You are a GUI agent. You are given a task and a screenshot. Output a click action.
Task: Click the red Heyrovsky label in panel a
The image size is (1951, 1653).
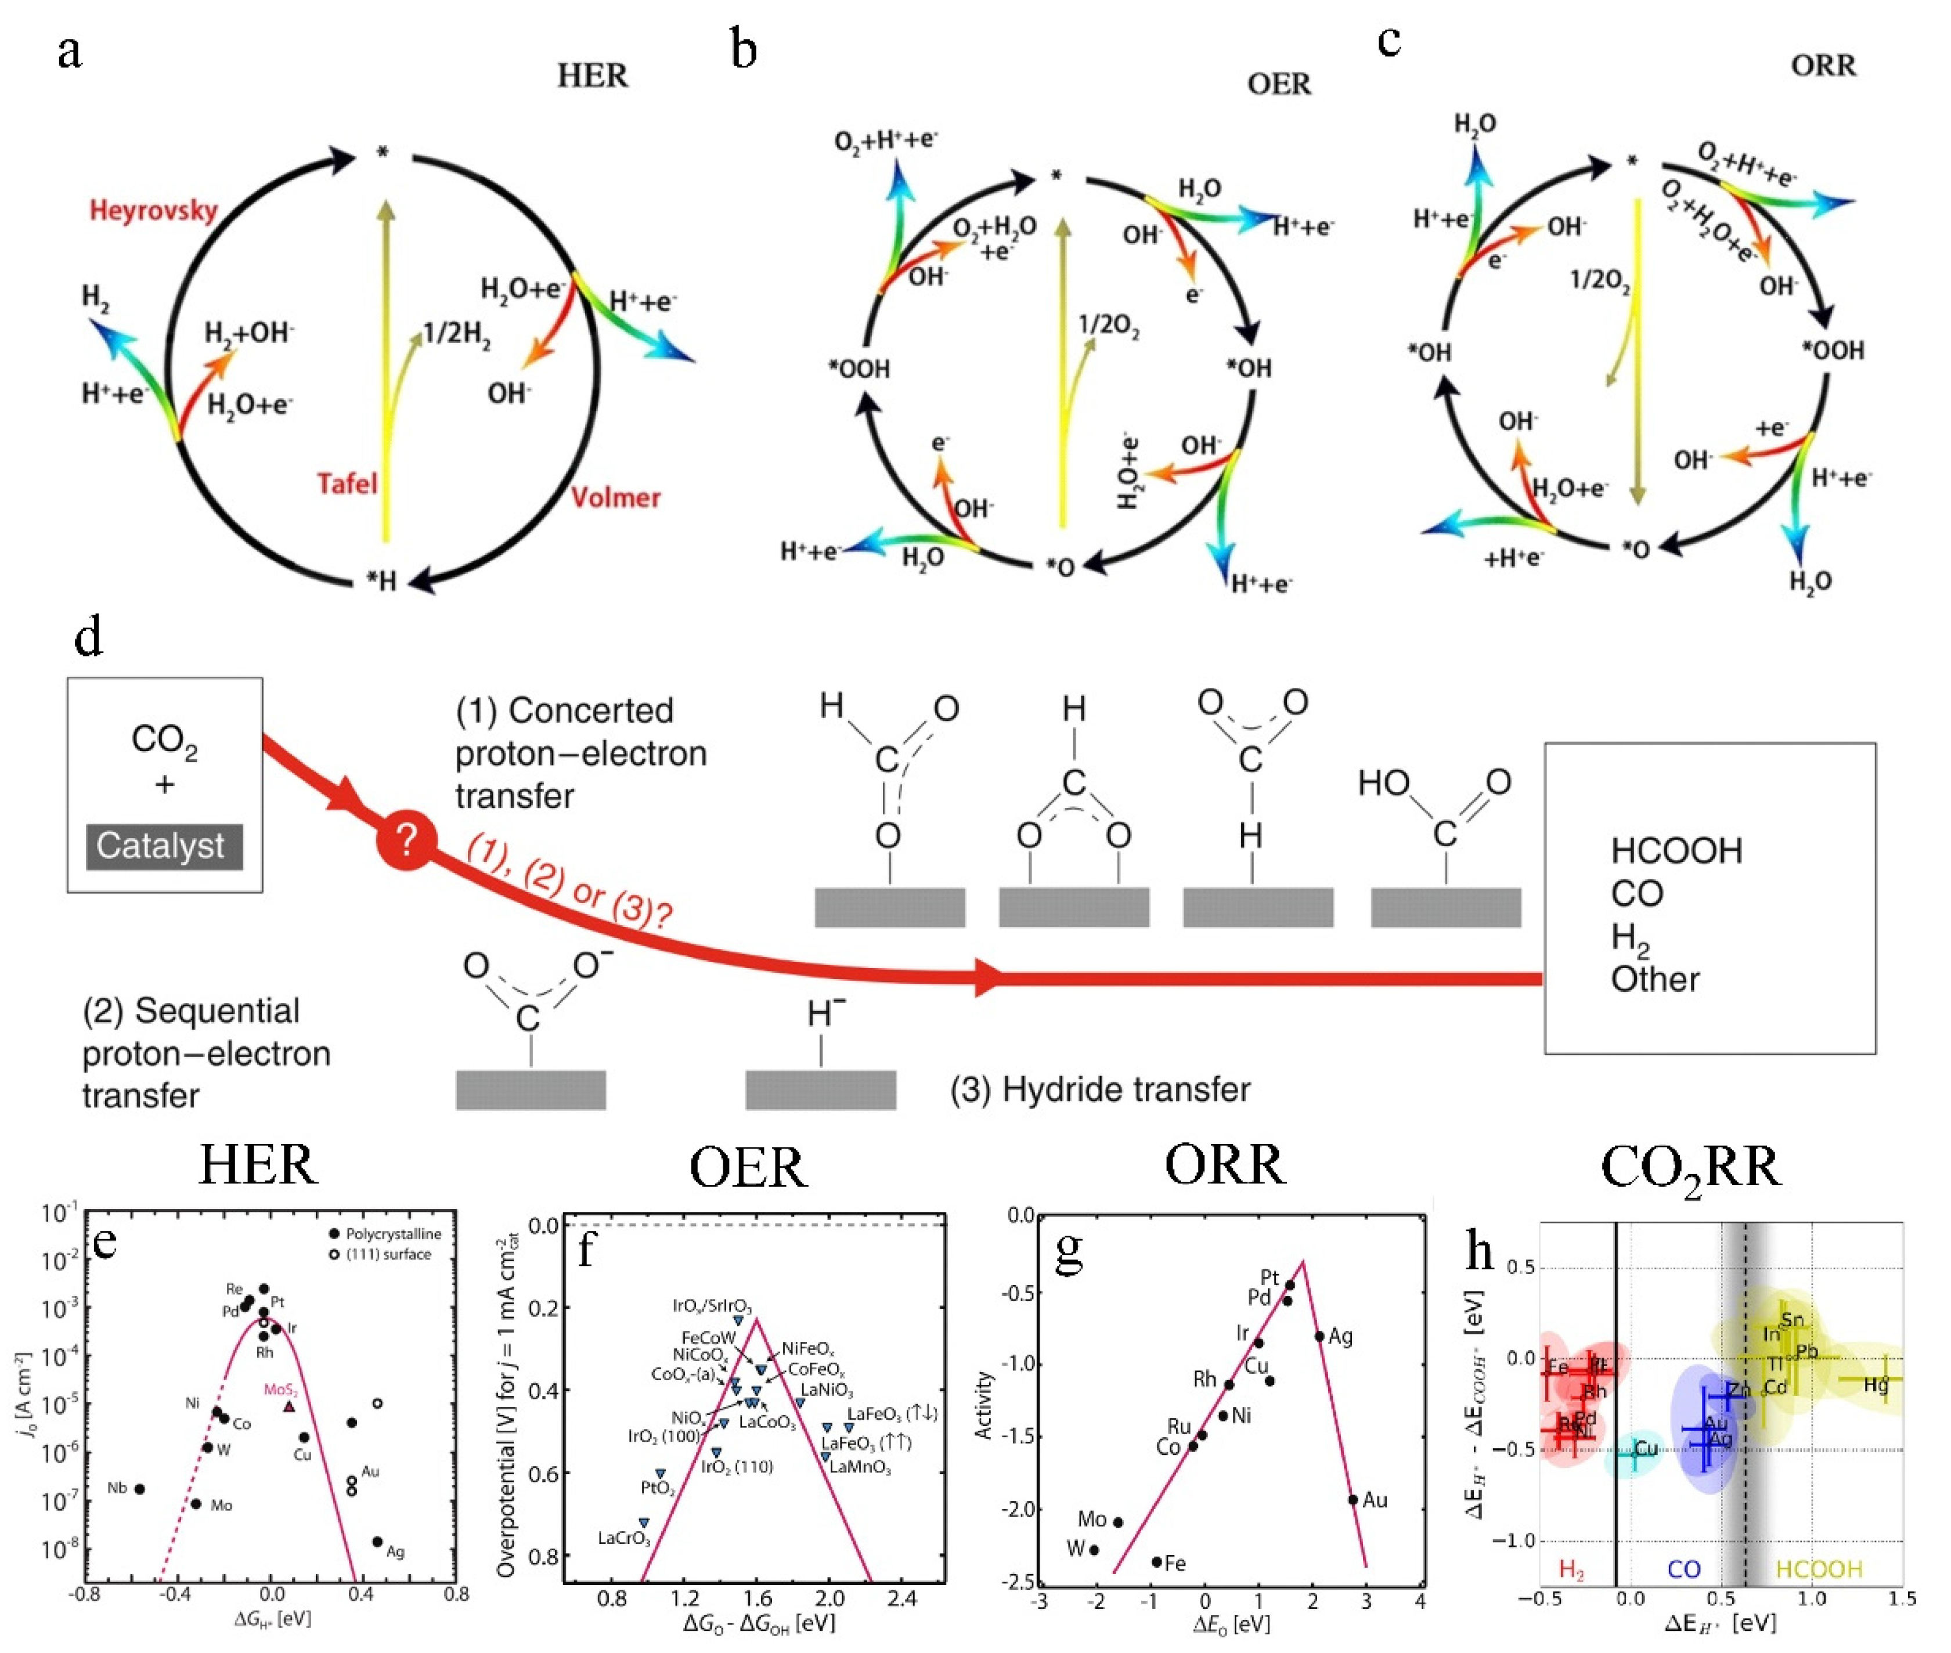[154, 210]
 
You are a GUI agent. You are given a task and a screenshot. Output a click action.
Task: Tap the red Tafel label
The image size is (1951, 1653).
[347, 483]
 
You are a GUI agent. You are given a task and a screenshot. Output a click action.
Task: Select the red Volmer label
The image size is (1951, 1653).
[616, 497]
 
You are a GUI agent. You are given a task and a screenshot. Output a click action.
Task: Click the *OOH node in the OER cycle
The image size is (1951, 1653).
[859, 369]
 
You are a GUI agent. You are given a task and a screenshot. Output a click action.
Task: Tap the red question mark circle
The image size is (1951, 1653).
[406, 842]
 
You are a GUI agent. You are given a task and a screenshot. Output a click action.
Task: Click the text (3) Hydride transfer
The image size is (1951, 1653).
[1100, 1090]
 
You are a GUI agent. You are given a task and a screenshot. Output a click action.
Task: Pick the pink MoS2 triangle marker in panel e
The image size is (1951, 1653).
[290, 1406]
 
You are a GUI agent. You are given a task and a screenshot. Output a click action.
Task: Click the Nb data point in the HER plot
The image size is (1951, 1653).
[140, 1489]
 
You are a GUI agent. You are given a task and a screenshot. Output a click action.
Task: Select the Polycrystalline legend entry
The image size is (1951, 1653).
[384, 1234]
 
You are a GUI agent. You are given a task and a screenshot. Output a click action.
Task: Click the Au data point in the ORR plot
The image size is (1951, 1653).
[1352, 1499]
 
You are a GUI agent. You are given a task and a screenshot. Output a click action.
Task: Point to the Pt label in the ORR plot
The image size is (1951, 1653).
[1270, 1277]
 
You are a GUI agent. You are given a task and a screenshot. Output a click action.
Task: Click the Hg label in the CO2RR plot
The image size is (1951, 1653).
[1875, 1384]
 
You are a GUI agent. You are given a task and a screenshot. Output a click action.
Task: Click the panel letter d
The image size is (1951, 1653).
[88, 637]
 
